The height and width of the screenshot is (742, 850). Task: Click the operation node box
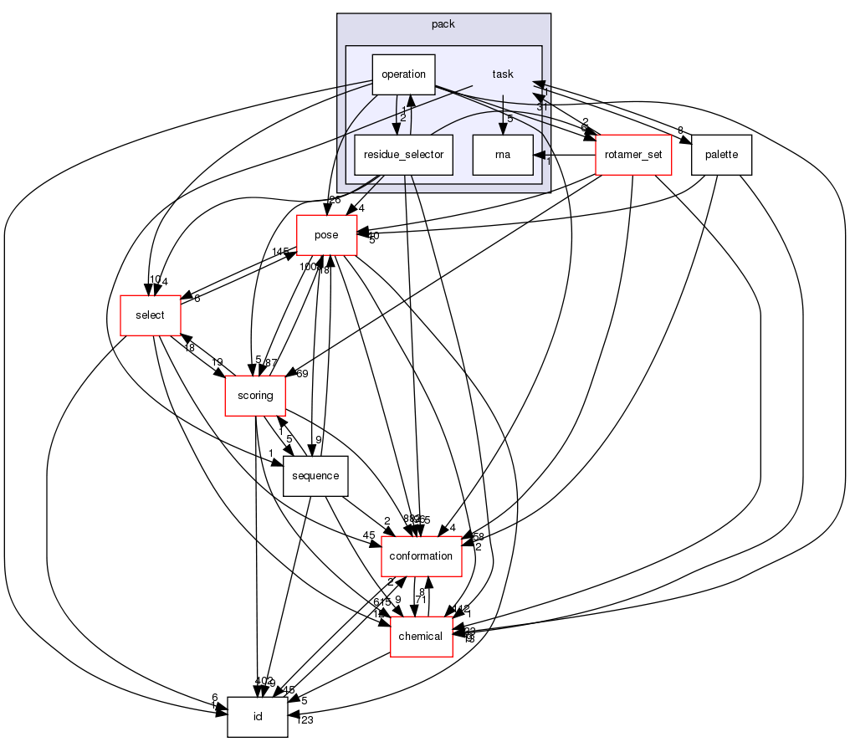[x=403, y=74]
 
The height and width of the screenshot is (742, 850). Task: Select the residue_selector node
[x=404, y=155]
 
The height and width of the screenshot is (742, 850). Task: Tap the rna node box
[x=502, y=155]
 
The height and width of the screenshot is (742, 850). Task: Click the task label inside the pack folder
[x=502, y=74]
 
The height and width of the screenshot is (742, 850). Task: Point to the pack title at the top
[x=443, y=24]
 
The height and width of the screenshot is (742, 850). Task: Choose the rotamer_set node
[x=633, y=155]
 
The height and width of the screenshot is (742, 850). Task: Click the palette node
[x=721, y=155]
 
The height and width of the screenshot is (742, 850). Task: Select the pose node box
[x=325, y=235]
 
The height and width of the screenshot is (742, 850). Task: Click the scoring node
[x=255, y=396]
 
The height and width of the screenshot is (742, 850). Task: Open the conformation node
[x=422, y=556]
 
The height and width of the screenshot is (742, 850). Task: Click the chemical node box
[x=421, y=637]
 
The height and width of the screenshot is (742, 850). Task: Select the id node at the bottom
[x=258, y=717]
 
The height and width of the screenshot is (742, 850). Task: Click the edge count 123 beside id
[x=304, y=720]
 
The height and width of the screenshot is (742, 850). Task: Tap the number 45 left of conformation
[x=367, y=536]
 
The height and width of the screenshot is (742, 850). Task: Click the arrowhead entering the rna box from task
[x=502, y=128]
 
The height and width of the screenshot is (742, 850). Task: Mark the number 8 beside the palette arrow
[x=680, y=130]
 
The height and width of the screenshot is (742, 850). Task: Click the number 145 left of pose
[x=280, y=252]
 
